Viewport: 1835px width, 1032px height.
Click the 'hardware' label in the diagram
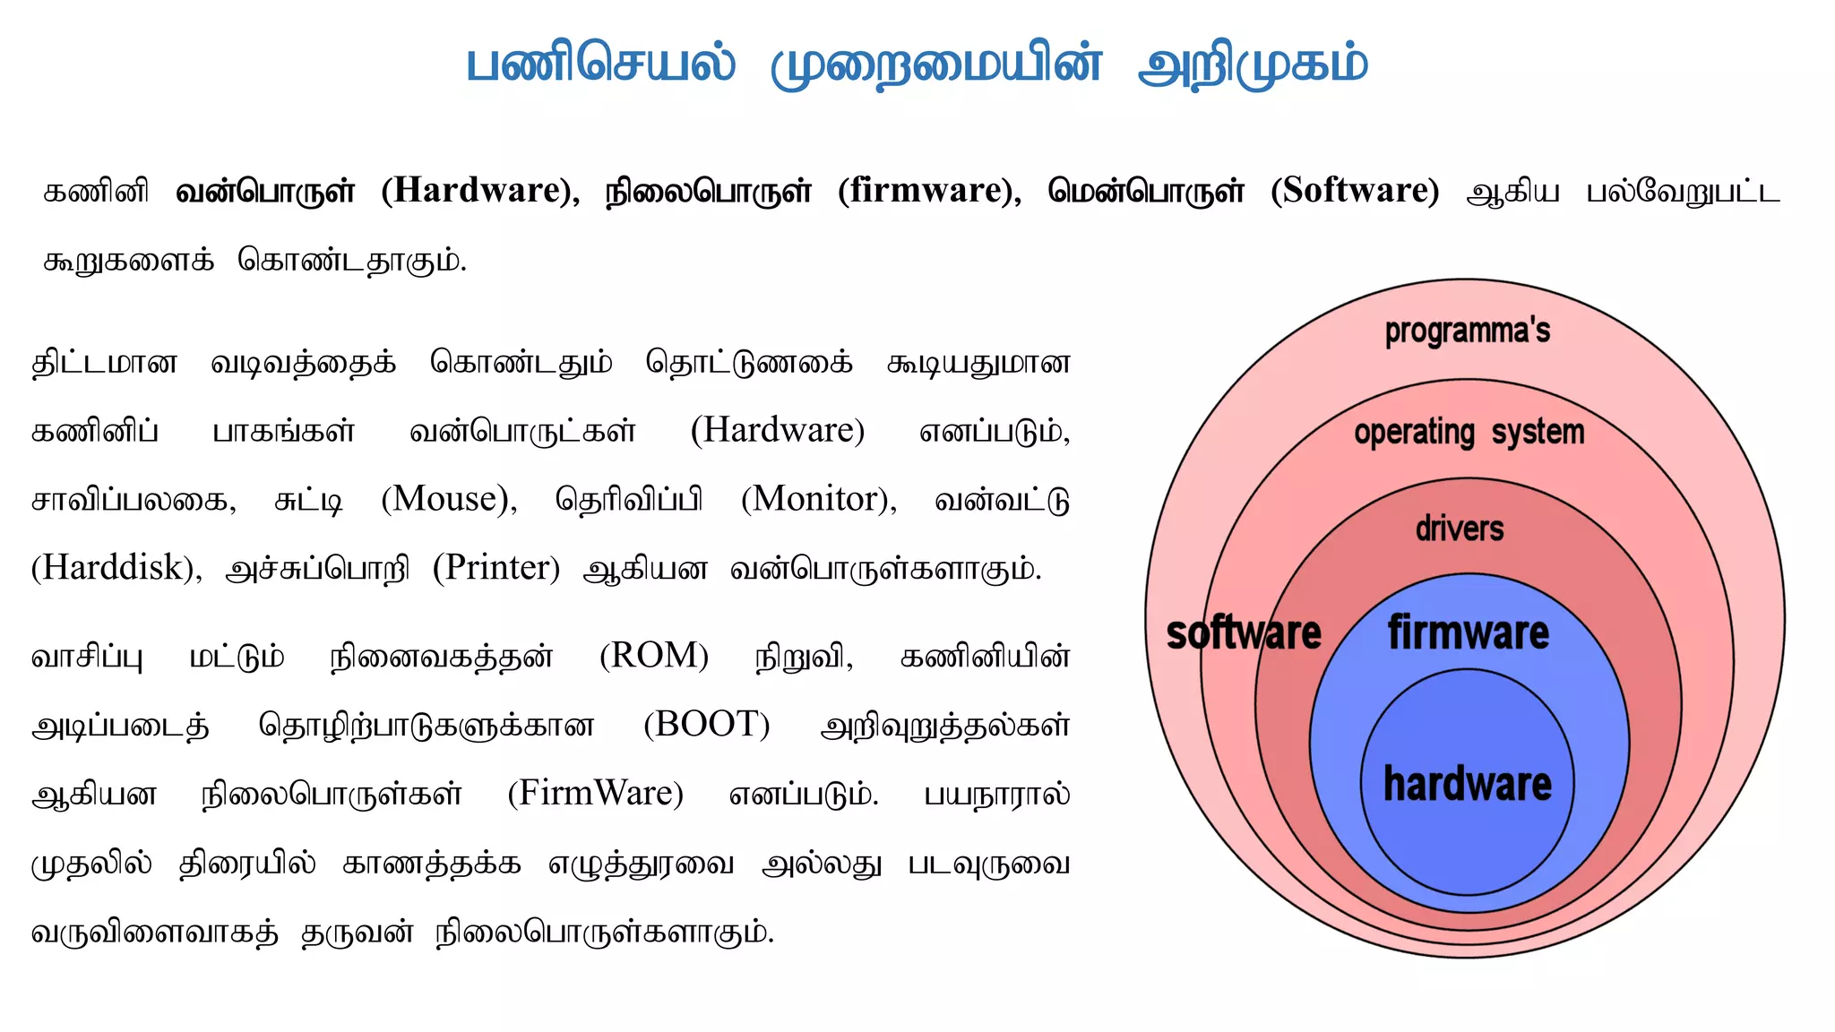[1467, 784]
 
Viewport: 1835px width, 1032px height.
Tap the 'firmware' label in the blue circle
[1468, 633]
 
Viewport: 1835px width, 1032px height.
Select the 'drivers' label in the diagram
[1460, 529]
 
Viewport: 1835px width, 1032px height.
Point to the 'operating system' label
[1469, 433]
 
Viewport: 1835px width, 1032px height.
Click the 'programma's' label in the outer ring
[1467, 331]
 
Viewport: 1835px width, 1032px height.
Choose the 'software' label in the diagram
[1243, 633]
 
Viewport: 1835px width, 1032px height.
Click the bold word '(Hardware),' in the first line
[480, 191]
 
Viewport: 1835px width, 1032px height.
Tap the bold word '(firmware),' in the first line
[929, 191]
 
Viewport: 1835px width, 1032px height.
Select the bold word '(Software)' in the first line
[1355, 191]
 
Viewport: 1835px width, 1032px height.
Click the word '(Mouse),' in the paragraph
[449, 499]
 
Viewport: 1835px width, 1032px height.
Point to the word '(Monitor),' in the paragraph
[818, 499]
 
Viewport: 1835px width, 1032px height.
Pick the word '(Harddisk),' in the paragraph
[116, 568]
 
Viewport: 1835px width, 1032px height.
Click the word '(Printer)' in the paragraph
[495, 568]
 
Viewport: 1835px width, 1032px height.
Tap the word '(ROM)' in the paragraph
[654, 656]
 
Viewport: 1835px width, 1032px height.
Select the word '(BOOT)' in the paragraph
[706, 725]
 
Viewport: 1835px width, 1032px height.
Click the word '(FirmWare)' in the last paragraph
[595, 794]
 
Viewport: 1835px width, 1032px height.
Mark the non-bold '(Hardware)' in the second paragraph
[777, 431]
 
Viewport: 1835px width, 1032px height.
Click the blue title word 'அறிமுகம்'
[1253, 65]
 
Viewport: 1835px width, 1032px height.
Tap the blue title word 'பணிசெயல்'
[600, 65]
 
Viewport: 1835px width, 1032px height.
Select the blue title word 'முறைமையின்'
[936, 65]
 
